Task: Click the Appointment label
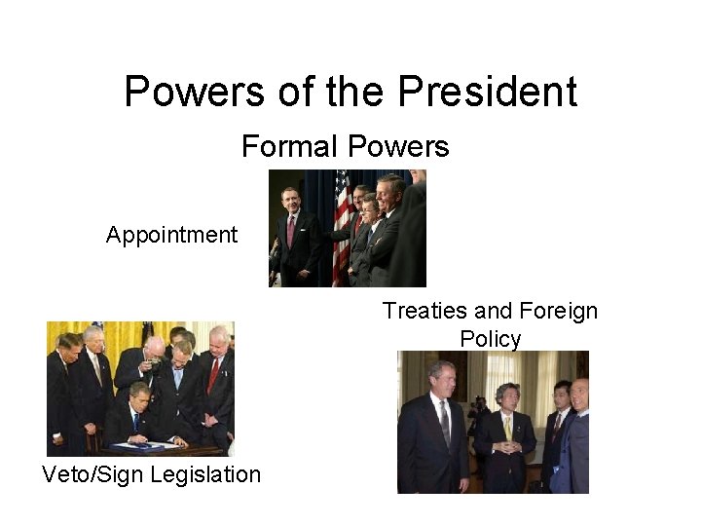pos(171,235)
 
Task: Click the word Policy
pos(490,339)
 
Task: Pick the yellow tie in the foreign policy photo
pos(507,428)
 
